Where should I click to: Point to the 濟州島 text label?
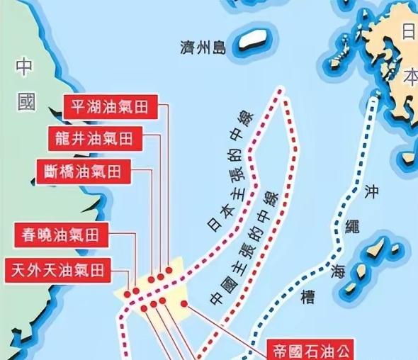(x=203, y=48)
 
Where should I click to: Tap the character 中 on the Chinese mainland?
(x=25, y=68)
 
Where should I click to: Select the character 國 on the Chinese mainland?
(x=26, y=104)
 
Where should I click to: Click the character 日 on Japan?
(x=409, y=31)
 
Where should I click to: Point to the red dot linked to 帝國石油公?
(x=184, y=304)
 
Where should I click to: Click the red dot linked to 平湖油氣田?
(x=169, y=270)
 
